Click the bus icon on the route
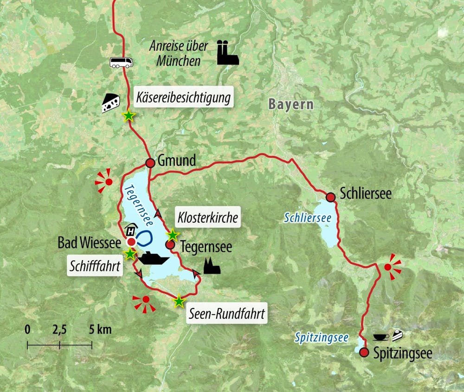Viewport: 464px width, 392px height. click(121, 62)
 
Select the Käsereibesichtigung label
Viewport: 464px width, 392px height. click(183, 98)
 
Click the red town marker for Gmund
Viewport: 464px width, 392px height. click(150, 163)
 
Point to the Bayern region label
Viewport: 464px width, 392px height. click(290, 104)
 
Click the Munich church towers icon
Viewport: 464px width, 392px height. click(227, 53)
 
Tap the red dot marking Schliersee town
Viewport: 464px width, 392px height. click(330, 197)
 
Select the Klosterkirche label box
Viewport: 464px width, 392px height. click(208, 217)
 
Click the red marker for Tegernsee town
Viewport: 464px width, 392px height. click(170, 244)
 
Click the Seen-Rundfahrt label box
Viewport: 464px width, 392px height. click(226, 314)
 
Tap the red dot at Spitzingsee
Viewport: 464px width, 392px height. click(364, 353)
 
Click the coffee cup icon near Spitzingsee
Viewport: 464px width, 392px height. click(381, 336)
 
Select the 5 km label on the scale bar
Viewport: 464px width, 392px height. click(101, 330)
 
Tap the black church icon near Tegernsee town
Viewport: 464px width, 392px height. click(212, 266)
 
